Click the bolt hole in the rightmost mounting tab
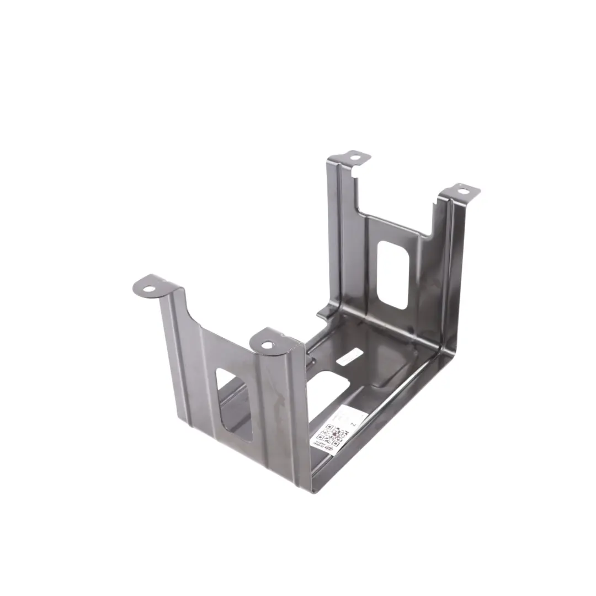point(462,191)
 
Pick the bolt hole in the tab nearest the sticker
point(267,345)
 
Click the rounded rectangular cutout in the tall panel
point(392,274)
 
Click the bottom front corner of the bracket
point(313,488)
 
